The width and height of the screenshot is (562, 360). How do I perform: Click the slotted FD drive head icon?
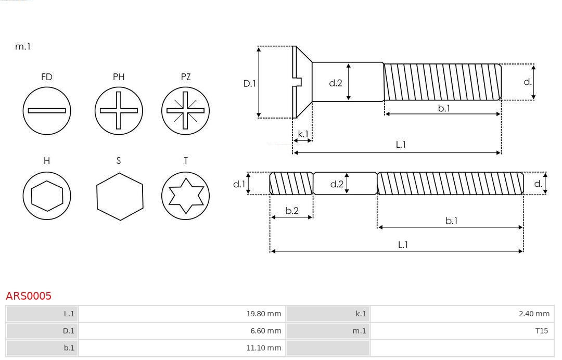(x=47, y=110)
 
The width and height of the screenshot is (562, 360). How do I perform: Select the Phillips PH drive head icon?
(x=119, y=110)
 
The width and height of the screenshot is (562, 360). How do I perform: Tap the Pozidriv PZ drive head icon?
(x=186, y=110)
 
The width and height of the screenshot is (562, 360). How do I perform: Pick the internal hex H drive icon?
(x=47, y=196)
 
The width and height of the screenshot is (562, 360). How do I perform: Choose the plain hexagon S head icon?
(x=119, y=196)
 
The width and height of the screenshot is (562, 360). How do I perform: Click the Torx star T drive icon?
(x=186, y=196)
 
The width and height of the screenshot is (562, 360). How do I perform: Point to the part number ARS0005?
(x=29, y=296)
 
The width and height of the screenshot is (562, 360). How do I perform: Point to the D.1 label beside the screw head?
(x=250, y=83)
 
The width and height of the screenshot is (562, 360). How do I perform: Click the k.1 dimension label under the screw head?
(x=302, y=134)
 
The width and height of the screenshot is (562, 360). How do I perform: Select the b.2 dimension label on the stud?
(x=292, y=211)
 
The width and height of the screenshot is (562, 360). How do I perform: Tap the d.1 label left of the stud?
(x=239, y=184)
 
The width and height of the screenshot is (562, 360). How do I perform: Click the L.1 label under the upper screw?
(x=401, y=145)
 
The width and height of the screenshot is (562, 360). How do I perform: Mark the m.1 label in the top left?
(x=23, y=46)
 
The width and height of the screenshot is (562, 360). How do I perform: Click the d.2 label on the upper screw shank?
(x=336, y=83)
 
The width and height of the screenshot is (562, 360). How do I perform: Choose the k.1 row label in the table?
(x=361, y=314)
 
